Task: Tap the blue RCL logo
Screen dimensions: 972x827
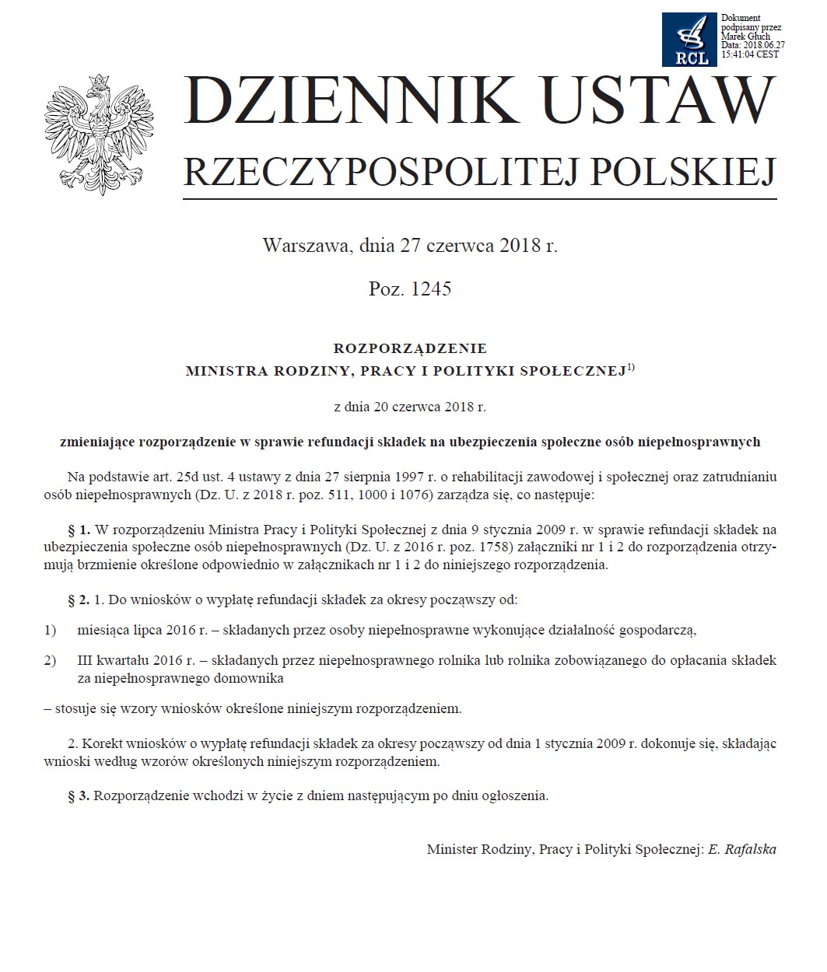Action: click(689, 39)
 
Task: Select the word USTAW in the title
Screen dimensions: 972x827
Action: click(659, 102)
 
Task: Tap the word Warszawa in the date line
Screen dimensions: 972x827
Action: click(305, 246)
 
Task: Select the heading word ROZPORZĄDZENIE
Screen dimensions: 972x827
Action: click(410, 348)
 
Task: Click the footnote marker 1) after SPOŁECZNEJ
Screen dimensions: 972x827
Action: click(631, 368)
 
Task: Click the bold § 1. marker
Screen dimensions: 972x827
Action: click(79, 530)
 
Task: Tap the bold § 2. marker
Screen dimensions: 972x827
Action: click(79, 600)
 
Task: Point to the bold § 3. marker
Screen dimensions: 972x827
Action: click(79, 795)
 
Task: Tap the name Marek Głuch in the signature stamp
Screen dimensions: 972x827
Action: click(745, 37)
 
